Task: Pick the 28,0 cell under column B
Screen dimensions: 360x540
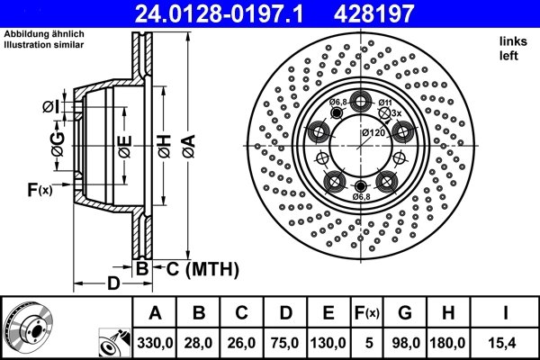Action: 199,343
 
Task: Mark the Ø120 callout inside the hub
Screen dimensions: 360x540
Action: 373,132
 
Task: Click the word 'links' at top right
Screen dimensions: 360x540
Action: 512,41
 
